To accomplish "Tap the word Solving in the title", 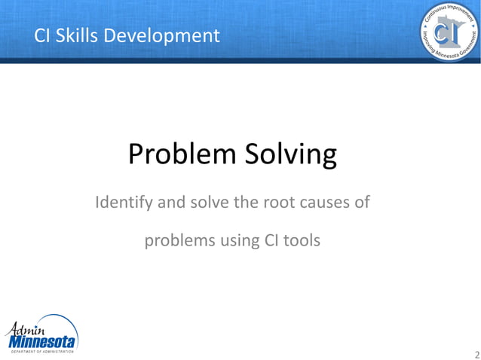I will [x=291, y=156].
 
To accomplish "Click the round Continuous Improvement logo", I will [x=449, y=32].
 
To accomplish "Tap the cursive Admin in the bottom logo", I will [x=27, y=328].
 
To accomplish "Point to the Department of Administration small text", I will [x=41, y=352].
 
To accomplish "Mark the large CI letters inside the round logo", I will [x=449, y=34].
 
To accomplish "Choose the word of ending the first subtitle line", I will [x=360, y=203].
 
